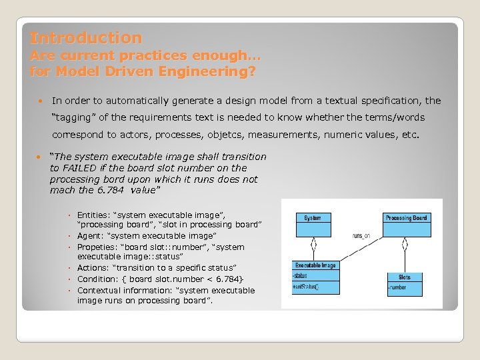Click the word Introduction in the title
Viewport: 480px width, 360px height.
(85, 38)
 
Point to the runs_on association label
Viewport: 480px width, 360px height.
(361, 236)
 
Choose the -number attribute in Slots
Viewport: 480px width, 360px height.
(398, 288)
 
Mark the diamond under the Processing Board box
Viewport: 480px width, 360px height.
(405, 245)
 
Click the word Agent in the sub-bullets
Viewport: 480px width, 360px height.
(89, 236)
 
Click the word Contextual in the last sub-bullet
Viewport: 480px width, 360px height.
(99, 291)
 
